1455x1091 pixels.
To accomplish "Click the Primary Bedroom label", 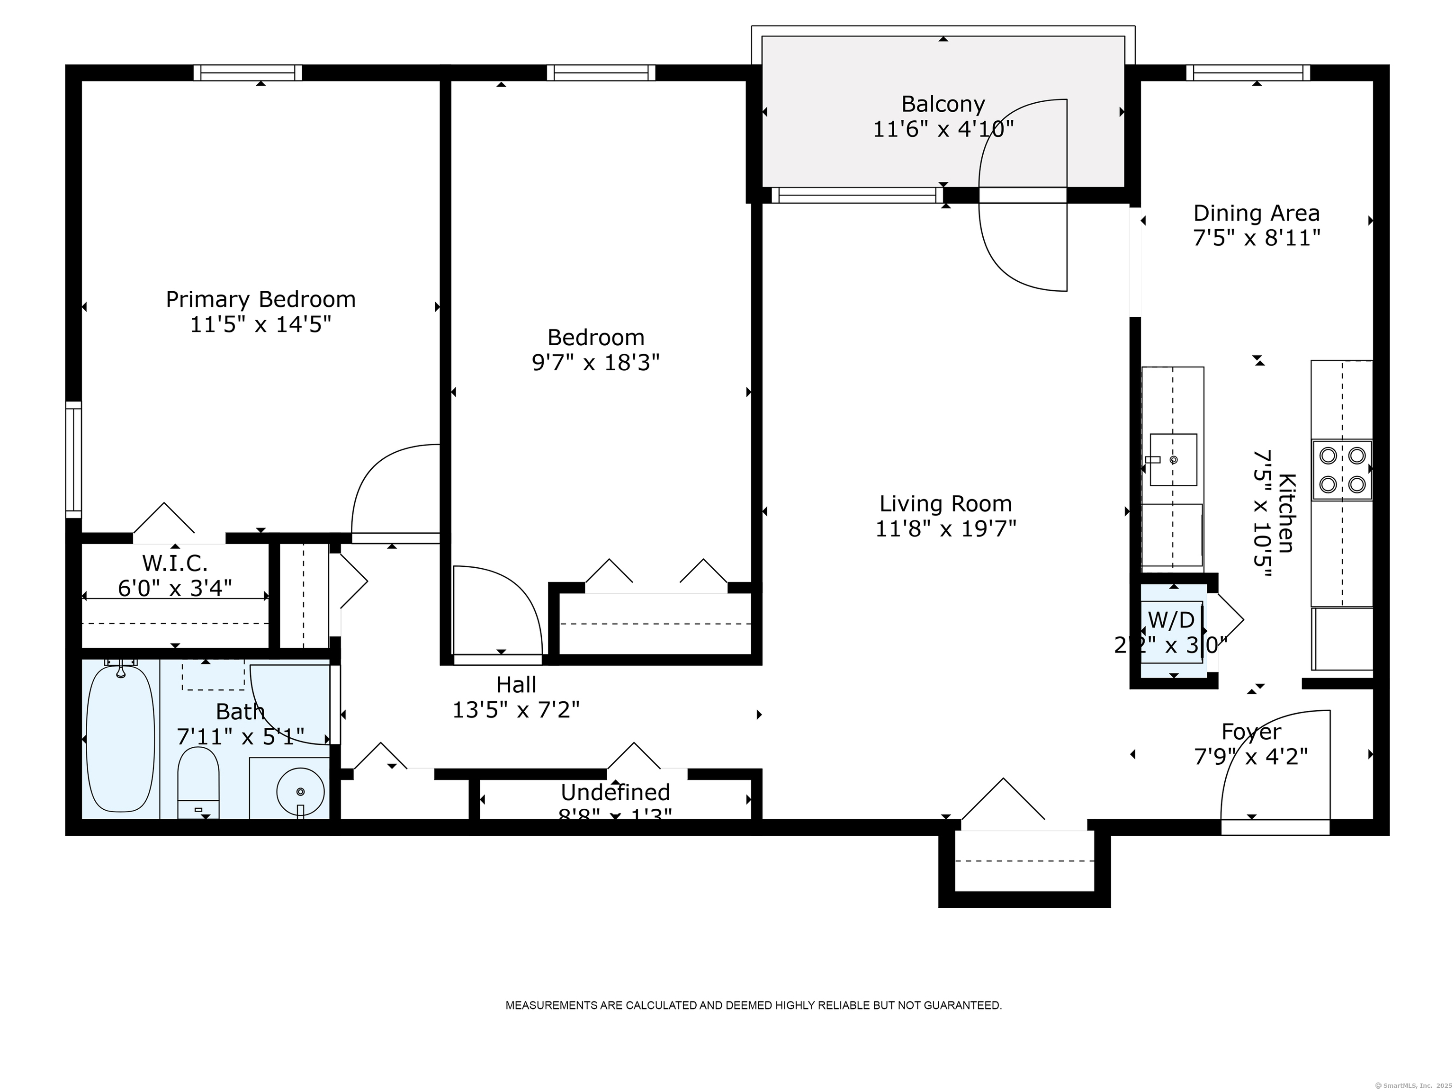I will pos(260,299).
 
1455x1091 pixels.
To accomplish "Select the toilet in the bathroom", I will pos(198,783).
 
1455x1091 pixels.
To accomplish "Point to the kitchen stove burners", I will pos(1342,470).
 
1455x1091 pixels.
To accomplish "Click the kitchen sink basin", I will pos(1173,460).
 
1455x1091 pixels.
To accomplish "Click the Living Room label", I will pos(945,504).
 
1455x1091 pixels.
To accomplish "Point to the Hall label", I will pos(516,685).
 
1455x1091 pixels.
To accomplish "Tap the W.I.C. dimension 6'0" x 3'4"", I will pos(175,587).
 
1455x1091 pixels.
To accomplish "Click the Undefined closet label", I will pos(615,792).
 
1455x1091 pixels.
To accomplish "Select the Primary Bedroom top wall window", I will pos(248,73).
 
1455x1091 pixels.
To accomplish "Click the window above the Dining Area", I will pos(1248,73).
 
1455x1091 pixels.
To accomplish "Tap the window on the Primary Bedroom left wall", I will pos(74,459).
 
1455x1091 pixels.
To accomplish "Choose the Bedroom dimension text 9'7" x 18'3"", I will pos(595,362).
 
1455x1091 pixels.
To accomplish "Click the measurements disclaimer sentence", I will pos(753,1005).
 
